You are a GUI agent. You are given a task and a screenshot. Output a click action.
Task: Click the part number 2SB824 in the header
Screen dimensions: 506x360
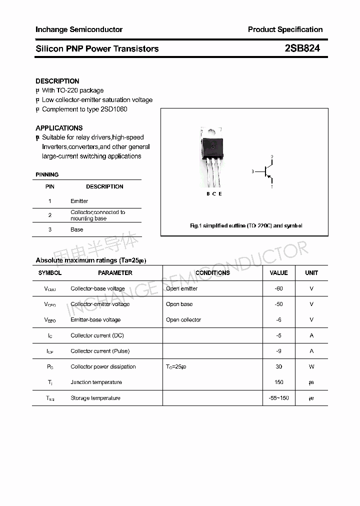point(302,48)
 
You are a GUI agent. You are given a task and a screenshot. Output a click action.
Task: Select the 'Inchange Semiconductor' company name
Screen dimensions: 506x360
point(79,29)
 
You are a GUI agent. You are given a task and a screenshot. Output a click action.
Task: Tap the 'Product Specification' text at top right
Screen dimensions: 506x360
point(285,29)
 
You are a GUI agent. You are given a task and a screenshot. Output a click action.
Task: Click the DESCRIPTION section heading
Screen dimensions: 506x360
point(57,81)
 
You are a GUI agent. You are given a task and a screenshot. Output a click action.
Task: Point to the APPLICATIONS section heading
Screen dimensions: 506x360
point(59,128)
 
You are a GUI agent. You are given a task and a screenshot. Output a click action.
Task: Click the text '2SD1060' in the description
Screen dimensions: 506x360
point(114,109)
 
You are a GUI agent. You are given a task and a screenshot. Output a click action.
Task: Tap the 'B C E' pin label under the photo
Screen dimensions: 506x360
point(214,193)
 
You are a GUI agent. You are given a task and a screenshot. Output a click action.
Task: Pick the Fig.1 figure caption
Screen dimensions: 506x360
point(246,226)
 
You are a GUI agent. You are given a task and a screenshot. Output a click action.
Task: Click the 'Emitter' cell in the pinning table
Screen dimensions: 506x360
point(79,201)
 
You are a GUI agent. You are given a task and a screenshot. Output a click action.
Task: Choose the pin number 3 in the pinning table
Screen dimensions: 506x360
point(50,229)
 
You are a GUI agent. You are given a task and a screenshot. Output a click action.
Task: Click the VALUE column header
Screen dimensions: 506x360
point(278,273)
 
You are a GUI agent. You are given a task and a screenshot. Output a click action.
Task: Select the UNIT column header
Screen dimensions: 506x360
point(311,273)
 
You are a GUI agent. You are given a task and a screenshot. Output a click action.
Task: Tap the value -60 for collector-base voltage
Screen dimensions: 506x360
point(278,288)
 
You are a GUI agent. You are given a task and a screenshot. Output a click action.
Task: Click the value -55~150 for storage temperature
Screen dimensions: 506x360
point(278,398)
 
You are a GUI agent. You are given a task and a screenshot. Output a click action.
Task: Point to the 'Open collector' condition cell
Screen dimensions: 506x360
point(183,320)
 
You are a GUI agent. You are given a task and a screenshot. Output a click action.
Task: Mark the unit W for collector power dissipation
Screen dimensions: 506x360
point(311,366)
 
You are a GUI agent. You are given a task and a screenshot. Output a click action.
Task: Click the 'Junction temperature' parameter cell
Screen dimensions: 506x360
point(96,382)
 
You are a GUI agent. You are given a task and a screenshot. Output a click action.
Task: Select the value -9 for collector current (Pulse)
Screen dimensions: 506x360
point(278,351)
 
